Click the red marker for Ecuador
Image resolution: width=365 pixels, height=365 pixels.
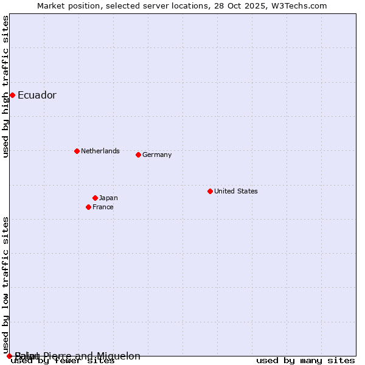tap(12, 95)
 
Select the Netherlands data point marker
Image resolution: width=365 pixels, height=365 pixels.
tap(77, 151)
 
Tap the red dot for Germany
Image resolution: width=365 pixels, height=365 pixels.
tap(138, 155)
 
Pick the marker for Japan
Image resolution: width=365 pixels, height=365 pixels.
tap(95, 198)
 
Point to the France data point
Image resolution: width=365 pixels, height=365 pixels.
tap(88, 207)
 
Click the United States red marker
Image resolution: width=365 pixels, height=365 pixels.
tap(210, 191)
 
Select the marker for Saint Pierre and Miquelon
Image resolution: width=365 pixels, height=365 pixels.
tap(9, 356)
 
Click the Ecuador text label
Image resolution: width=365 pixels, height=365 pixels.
tap(36, 95)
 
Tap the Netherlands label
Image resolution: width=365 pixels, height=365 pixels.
tap(100, 151)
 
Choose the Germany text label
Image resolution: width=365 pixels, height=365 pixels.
tap(157, 155)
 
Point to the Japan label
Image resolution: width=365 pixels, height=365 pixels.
tap(108, 198)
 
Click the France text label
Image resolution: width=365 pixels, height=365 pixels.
tap(103, 207)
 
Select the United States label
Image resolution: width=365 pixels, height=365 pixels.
tap(235, 191)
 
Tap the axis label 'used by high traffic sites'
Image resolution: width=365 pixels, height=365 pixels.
tap(5, 86)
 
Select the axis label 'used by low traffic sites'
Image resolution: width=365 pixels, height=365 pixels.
tap(5, 285)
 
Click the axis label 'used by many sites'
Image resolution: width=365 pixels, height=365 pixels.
tap(305, 361)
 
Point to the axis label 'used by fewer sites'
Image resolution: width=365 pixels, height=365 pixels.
tap(63, 361)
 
